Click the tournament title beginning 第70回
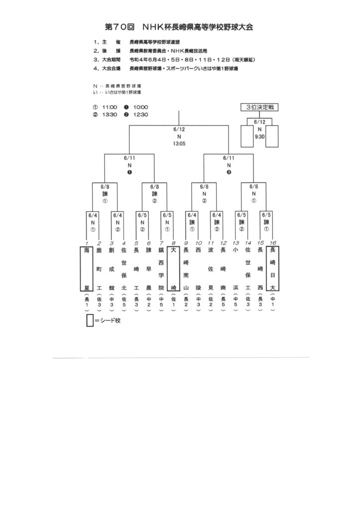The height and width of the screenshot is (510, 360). tap(180, 27)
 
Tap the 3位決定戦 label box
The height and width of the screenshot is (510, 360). tap(259, 108)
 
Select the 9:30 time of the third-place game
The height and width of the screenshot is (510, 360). tap(259, 135)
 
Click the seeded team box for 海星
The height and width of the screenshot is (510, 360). tap(87, 268)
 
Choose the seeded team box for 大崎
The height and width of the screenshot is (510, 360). tap(173, 268)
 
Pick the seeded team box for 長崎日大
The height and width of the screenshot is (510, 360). tap(272, 268)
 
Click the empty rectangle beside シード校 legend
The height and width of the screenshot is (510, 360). tap(90, 321)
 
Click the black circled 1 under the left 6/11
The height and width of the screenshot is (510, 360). tap(129, 172)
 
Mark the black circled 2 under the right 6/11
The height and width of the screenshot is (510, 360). tap(229, 172)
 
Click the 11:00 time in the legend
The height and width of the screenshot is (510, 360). tap(110, 107)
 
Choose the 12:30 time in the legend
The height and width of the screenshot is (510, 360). tap(141, 115)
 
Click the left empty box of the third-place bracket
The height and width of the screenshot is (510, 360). tap(247, 136)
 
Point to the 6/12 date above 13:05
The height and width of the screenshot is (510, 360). tap(179, 129)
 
